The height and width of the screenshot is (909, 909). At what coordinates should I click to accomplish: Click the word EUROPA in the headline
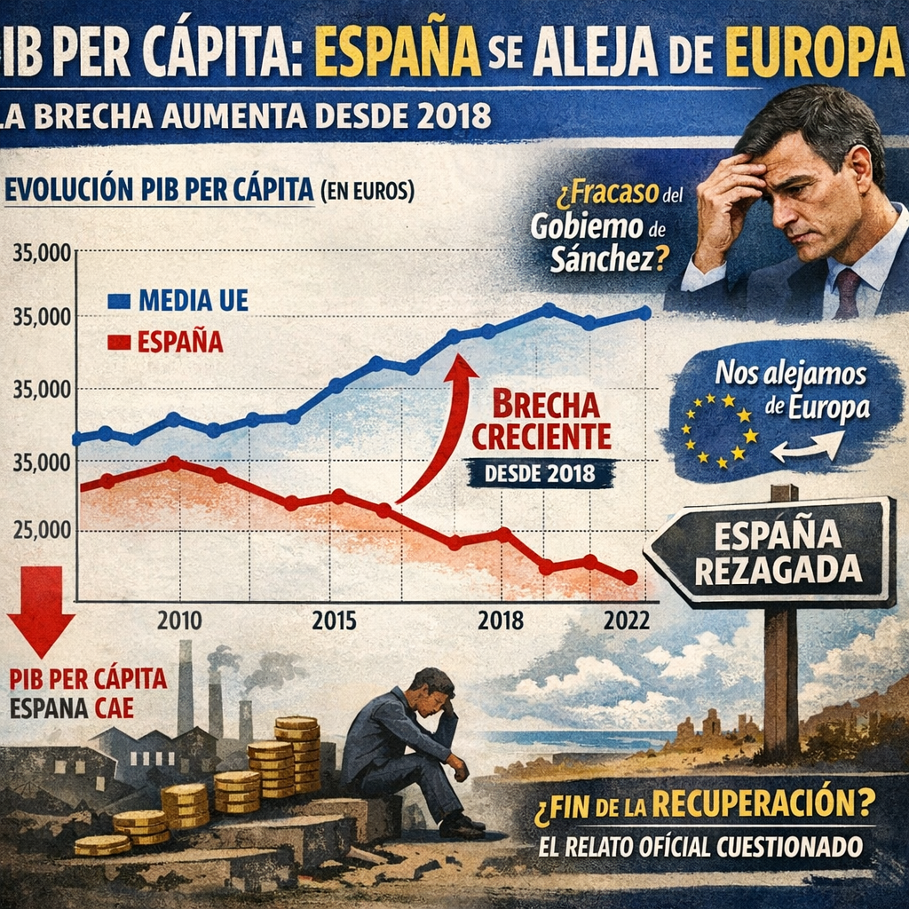tap(815, 55)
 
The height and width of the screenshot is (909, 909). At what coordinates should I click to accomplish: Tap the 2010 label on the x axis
tap(179, 620)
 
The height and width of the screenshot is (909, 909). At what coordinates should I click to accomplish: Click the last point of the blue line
tap(645, 312)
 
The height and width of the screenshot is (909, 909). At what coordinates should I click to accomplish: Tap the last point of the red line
tap(630, 577)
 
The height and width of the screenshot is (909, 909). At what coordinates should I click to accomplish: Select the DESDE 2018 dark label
tap(541, 473)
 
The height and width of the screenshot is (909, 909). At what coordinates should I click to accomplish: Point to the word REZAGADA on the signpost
tap(778, 569)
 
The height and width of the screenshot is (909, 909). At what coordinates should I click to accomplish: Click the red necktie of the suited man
tap(847, 294)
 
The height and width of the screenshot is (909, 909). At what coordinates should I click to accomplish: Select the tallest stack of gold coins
tap(297, 755)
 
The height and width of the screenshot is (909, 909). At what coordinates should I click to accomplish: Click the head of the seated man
tap(433, 690)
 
